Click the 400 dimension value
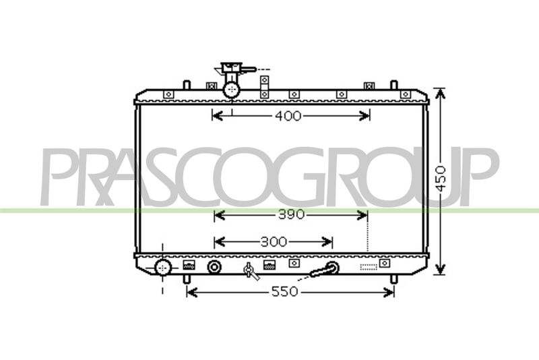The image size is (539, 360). (288, 116)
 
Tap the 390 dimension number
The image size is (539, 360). (291, 215)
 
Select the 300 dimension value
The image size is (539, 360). (274, 242)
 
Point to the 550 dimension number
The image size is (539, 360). (284, 292)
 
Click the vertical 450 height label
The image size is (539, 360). (441, 179)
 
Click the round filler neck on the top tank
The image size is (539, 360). (231, 90)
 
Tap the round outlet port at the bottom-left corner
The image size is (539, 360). (163, 268)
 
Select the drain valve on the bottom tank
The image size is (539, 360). (251, 271)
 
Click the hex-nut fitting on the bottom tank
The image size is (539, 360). (214, 267)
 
